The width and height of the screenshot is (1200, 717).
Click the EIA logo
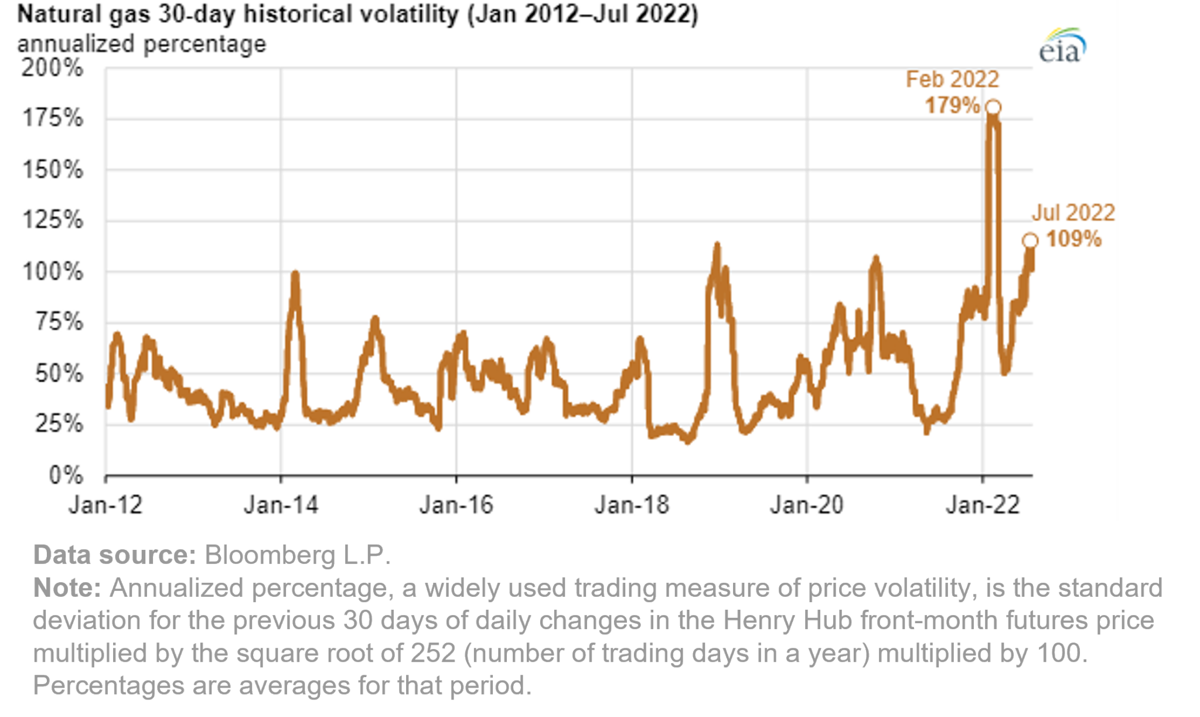tap(1062, 46)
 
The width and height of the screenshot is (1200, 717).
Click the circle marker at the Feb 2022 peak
tap(993, 107)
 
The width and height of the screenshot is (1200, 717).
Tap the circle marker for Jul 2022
tap(1030, 240)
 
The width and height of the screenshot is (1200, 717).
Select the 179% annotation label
tap(952, 106)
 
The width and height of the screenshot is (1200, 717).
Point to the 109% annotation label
tap(1073, 239)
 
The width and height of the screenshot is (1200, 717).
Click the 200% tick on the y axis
tap(52, 68)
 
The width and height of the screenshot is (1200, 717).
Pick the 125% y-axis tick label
tap(52, 220)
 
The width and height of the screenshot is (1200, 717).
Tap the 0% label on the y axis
tap(66, 475)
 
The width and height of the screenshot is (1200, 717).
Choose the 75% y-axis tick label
tap(59, 322)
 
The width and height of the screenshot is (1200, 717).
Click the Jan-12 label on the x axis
tap(105, 505)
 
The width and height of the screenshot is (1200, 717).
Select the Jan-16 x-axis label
tap(456, 505)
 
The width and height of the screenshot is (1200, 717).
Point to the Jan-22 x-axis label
tap(983, 505)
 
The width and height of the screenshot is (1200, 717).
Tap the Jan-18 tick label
tap(632, 505)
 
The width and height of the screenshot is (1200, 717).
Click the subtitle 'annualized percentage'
tap(142, 44)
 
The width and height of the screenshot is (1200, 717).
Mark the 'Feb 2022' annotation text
tap(952, 79)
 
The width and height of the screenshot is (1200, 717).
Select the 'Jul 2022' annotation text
tap(1073, 213)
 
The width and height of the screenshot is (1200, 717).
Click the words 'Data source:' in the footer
tap(114, 555)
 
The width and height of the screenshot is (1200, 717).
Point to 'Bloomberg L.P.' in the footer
tap(297, 555)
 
